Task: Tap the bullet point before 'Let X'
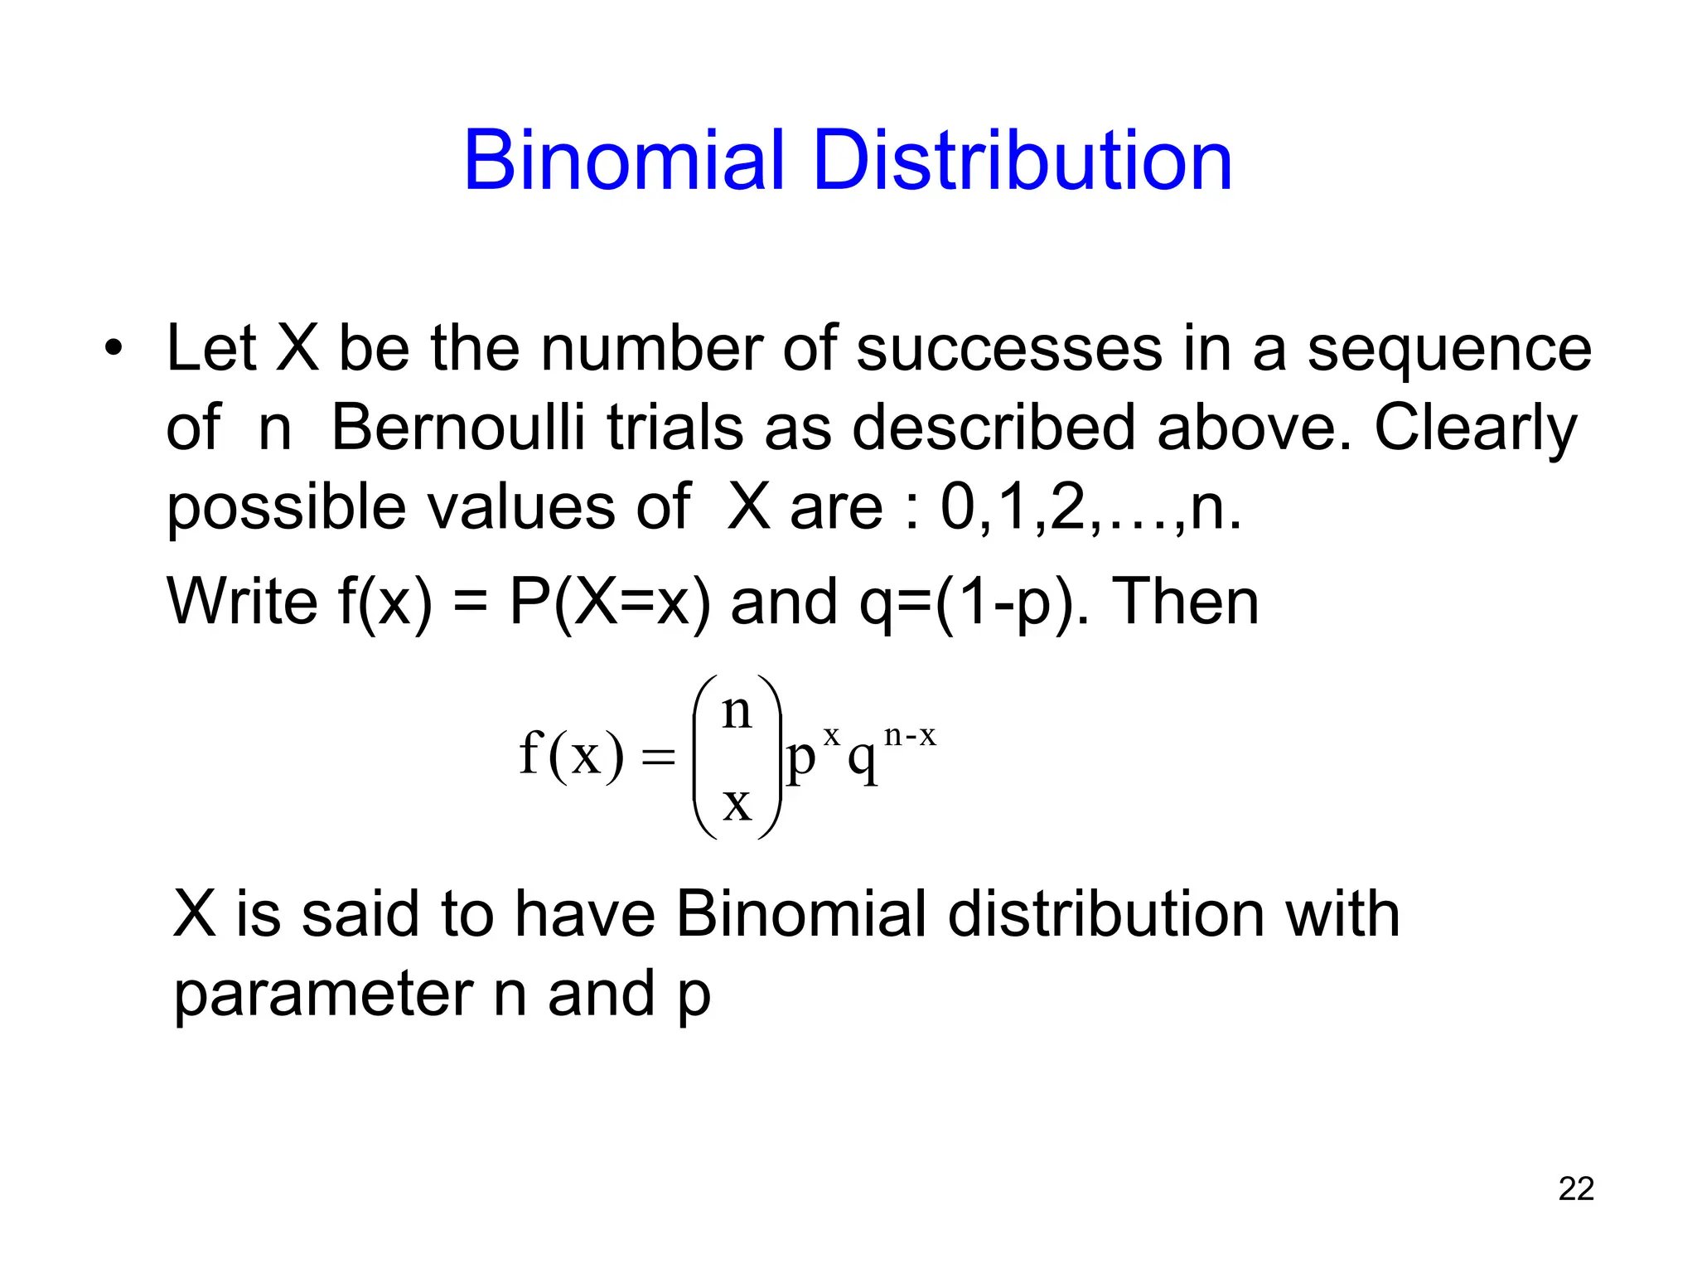114,347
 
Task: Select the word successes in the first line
1009,348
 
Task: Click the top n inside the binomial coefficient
737,711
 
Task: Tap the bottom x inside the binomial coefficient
737,803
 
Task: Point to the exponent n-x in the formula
910,735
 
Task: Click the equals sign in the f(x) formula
659,757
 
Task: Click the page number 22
1576,1188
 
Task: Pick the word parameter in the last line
322,995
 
